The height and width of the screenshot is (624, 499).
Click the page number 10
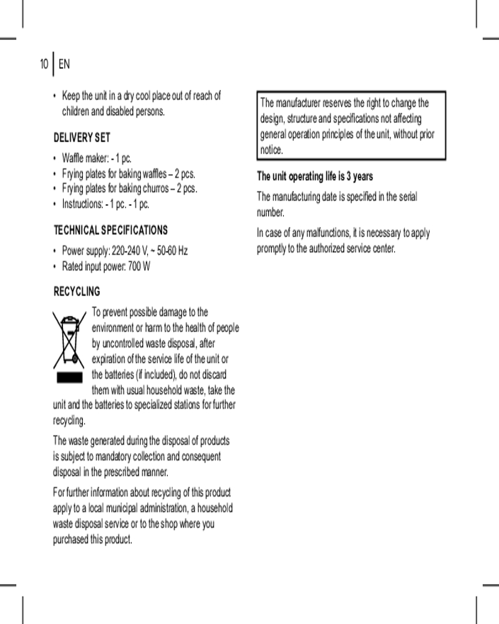[x=44, y=64]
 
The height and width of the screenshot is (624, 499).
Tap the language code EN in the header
[x=64, y=64]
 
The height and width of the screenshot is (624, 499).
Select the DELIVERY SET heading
[x=82, y=137]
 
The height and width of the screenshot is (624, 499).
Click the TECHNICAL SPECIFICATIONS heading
[x=110, y=230]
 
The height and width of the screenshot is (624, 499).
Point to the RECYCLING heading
[x=77, y=291]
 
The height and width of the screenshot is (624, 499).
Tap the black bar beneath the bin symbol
[x=70, y=377]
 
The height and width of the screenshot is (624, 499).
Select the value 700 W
[x=138, y=267]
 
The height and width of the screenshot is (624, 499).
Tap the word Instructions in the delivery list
[x=82, y=204]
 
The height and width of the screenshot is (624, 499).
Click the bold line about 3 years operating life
[x=315, y=177]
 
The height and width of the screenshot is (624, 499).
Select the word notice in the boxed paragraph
[x=271, y=150]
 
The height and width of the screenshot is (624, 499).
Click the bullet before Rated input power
[x=56, y=267]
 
